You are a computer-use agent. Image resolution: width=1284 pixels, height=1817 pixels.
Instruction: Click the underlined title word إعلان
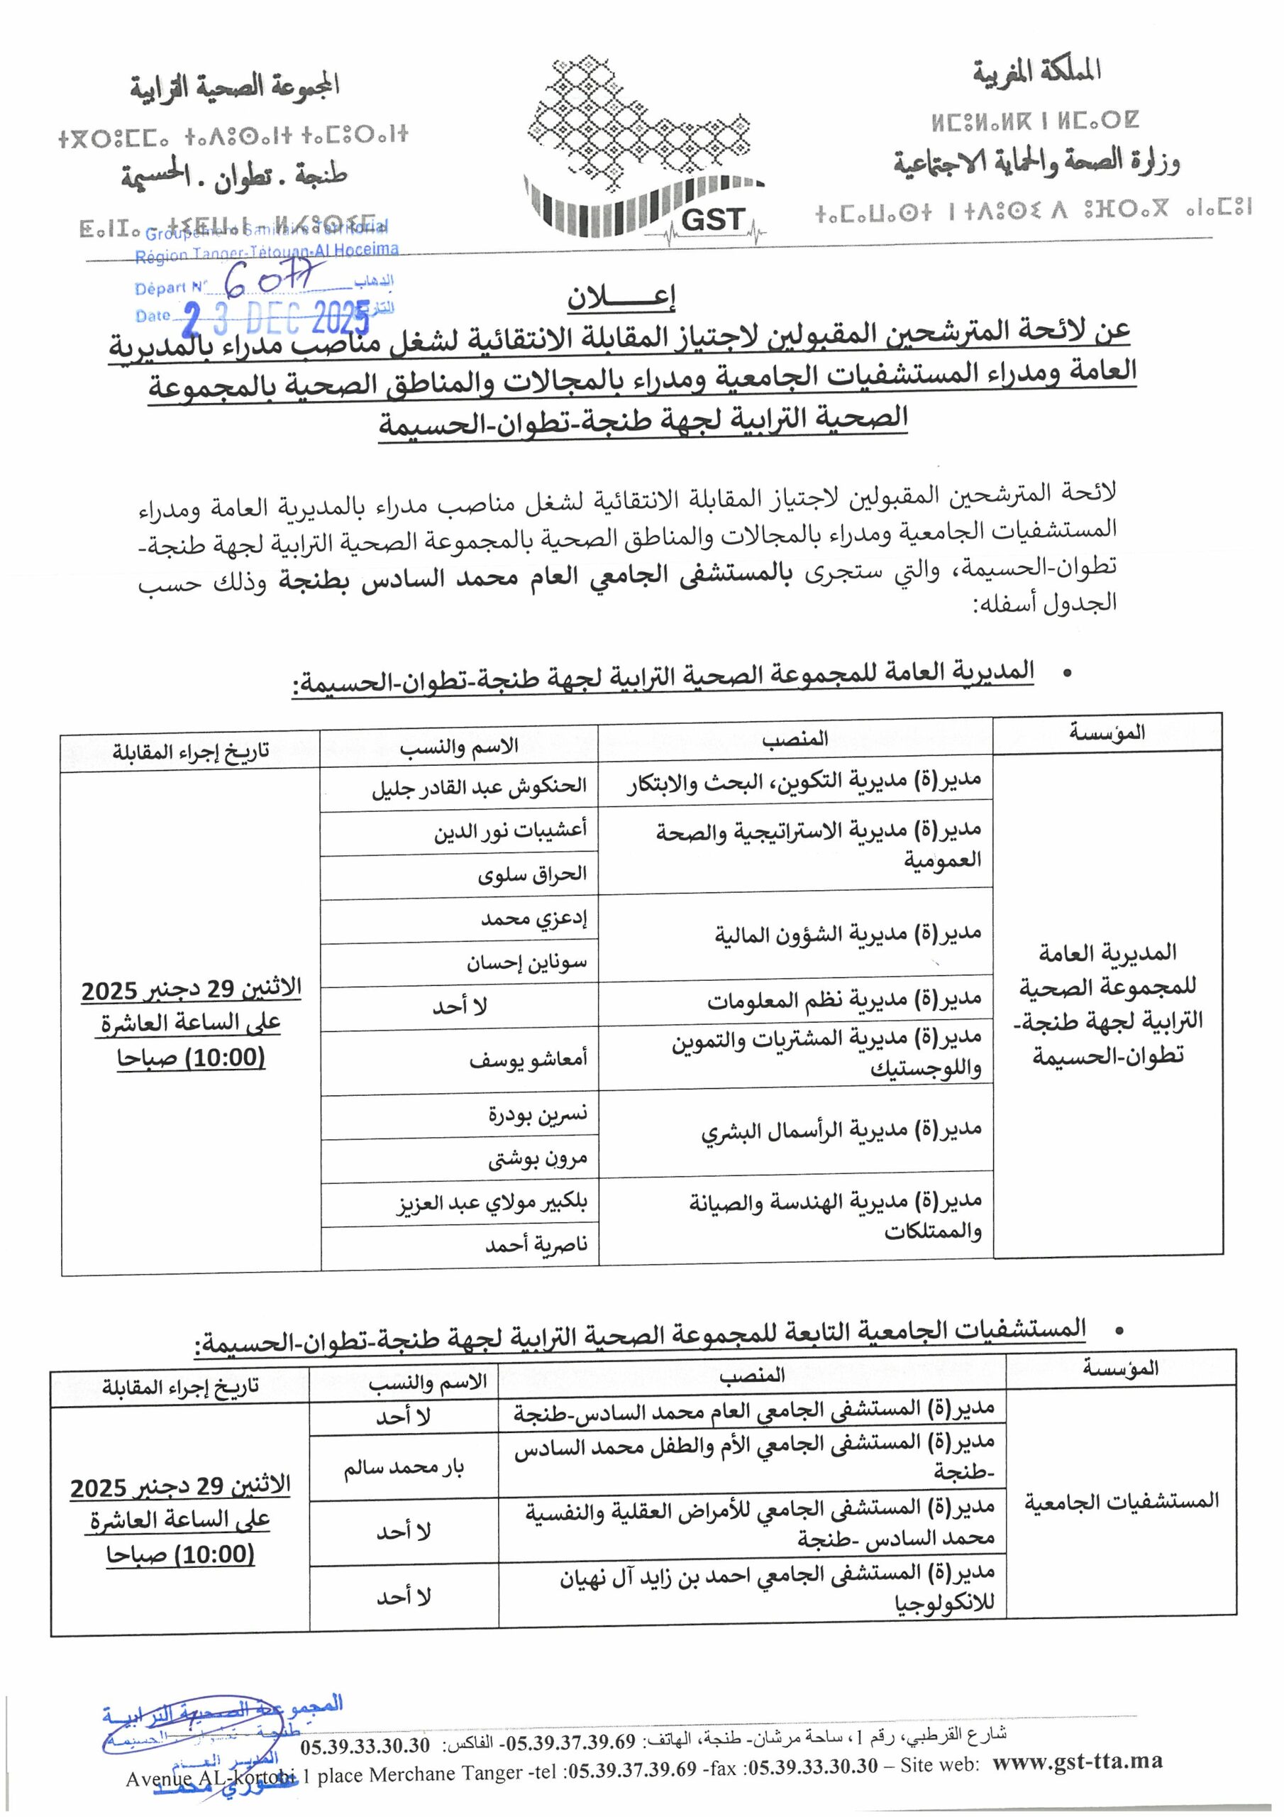621,297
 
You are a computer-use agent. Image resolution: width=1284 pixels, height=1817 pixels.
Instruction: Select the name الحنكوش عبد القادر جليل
479,787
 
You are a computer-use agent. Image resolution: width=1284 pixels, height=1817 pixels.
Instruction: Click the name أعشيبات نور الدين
509,832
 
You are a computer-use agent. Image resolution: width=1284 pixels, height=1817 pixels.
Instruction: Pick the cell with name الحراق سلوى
531,875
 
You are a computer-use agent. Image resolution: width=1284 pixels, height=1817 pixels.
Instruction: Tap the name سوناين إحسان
526,963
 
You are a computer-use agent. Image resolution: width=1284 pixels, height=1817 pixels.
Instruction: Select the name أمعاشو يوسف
528,1060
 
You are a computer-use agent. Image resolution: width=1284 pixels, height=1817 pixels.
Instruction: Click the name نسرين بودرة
537,1115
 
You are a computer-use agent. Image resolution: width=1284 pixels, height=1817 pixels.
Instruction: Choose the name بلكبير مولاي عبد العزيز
492,1204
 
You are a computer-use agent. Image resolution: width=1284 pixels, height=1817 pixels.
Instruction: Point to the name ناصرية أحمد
536,1246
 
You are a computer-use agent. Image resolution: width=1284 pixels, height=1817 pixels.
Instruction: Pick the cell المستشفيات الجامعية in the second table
1121,1500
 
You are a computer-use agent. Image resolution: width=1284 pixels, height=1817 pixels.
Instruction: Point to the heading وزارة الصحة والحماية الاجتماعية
1036,163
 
